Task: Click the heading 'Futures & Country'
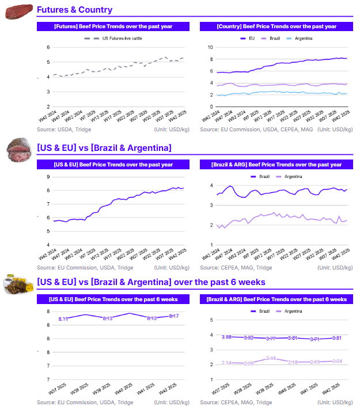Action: (74, 10)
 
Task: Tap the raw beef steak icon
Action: (18, 12)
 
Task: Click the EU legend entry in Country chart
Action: (248, 39)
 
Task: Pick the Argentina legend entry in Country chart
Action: (300, 39)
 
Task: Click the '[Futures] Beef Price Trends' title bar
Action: (113, 26)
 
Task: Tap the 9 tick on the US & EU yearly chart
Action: (48, 176)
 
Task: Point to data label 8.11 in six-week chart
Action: (63, 319)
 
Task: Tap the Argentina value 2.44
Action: (271, 358)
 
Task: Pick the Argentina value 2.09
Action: (248, 363)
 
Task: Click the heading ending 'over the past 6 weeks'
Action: (151, 282)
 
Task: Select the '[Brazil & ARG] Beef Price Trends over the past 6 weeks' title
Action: (275, 299)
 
